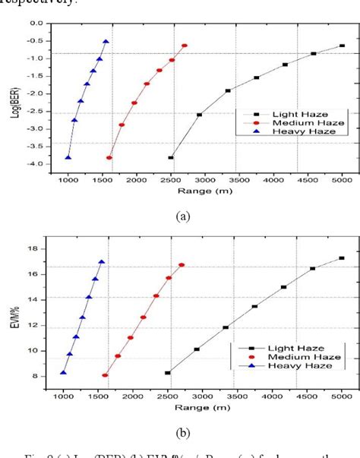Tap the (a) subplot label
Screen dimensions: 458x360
coord(182,216)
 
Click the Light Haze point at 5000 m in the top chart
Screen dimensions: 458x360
coord(342,46)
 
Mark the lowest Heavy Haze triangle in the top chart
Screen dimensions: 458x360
coord(68,158)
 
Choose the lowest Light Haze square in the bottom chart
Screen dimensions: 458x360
coord(168,373)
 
